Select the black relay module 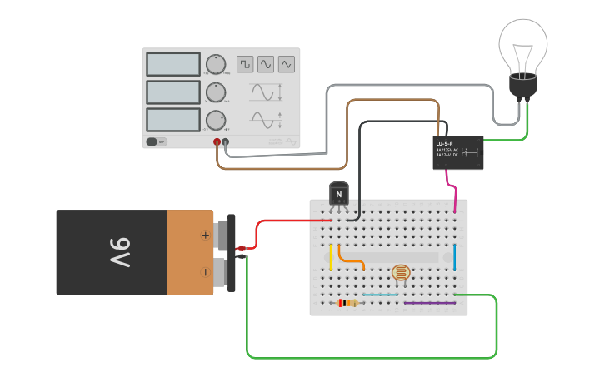[457, 152]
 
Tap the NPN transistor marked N [338, 194]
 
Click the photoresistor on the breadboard [400, 273]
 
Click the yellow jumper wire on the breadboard [331, 257]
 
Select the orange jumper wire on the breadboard [352, 257]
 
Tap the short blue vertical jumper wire [455, 257]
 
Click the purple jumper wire [430, 303]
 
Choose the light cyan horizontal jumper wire [380, 295]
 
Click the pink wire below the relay [452, 187]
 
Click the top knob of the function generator [216, 64]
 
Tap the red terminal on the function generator [217, 142]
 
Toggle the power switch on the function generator [157, 141]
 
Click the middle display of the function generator [173, 92]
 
